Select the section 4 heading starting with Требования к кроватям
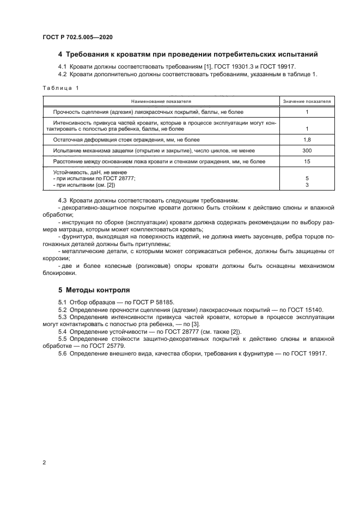[x=188, y=54]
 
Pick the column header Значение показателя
[x=307, y=101]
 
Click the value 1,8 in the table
[x=307, y=139]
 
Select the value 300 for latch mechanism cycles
[x=307, y=150]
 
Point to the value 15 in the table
[x=307, y=162]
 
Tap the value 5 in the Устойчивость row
[x=307, y=179]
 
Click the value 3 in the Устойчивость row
[x=307, y=185]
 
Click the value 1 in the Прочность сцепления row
[x=307, y=112]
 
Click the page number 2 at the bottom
[x=44, y=463]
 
